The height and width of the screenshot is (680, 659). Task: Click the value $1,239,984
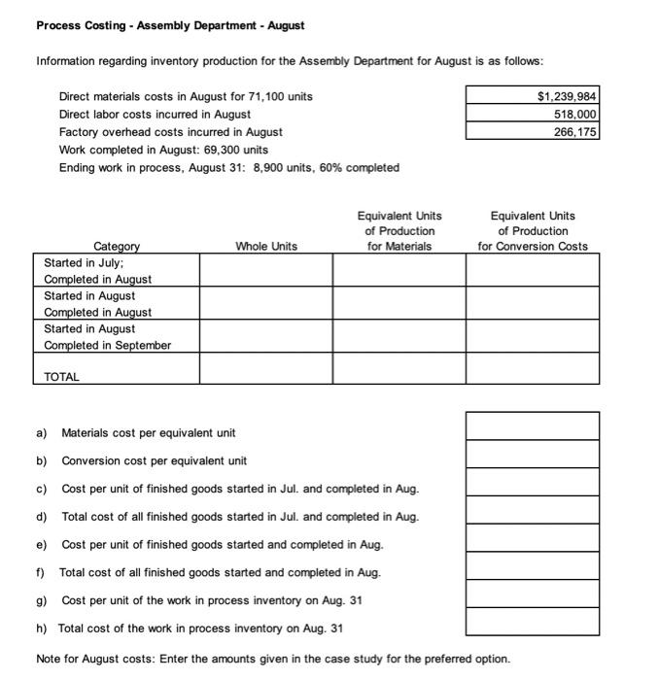click(567, 96)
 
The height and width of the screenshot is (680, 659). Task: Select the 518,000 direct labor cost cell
click(573, 114)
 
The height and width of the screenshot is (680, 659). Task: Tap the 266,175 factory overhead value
click(573, 131)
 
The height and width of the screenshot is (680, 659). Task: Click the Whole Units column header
click(266, 247)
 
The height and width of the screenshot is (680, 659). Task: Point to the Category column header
click(117, 247)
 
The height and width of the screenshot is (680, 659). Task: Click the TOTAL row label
click(62, 376)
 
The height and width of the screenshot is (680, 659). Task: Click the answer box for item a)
click(532, 426)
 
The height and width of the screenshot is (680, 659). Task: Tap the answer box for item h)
click(532, 622)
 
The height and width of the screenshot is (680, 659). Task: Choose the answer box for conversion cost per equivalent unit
click(532, 455)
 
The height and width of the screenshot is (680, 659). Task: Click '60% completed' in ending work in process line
click(360, 167)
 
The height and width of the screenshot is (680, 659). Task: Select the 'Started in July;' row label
click(84, 262)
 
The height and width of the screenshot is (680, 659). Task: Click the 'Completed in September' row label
click(107, 345)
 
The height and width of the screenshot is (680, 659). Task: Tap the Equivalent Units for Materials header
click(399, 231)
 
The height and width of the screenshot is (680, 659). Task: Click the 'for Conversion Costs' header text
click(532, 247)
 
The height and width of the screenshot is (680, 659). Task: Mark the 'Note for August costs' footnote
click(272, 659)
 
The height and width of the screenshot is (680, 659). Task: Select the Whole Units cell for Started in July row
click(266, 271)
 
